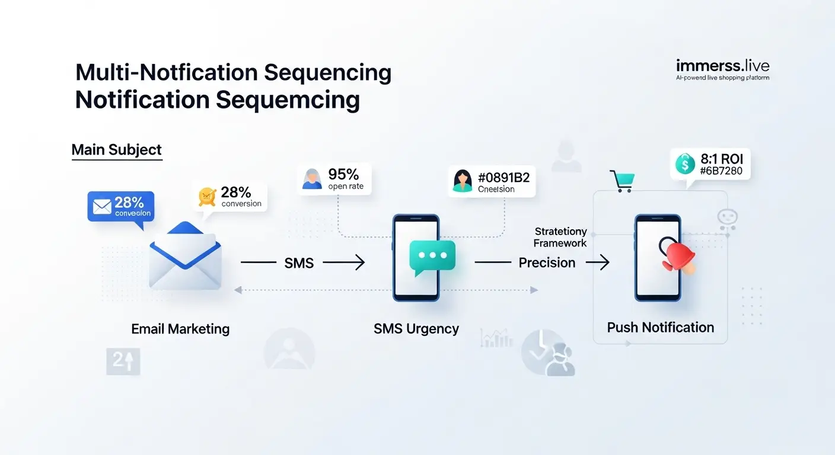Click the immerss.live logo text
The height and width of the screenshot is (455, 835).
722,66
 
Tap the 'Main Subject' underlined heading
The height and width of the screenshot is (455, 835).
116,150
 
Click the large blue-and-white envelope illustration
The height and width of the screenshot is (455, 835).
185,256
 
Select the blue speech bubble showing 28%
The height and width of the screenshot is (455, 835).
120,207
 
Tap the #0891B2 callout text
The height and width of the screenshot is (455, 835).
498,177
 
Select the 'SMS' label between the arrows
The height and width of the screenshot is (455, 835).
299,263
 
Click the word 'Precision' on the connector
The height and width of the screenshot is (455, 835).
547,262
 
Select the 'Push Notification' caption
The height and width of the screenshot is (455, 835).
660,328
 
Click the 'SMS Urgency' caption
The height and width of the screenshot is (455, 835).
416,329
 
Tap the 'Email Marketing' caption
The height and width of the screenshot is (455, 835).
180,329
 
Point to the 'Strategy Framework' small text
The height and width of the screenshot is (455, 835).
560,237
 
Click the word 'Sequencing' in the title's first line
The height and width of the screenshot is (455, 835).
327,72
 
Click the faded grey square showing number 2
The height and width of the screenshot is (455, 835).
123,361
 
